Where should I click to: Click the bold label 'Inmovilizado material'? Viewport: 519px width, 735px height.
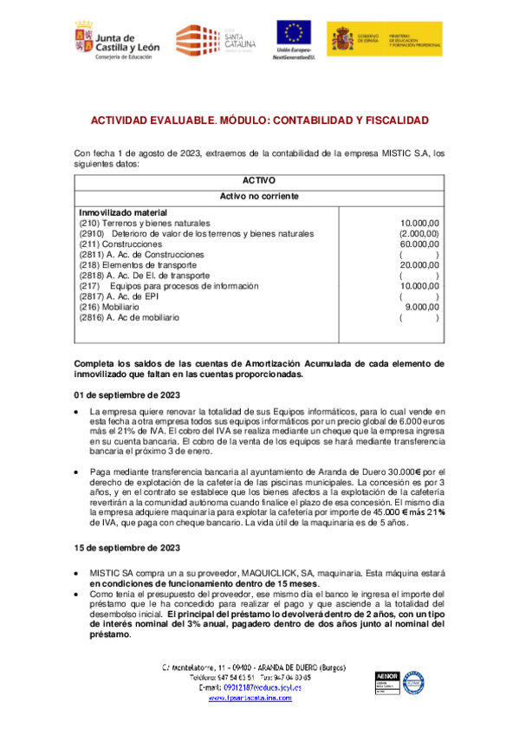click(112, 212)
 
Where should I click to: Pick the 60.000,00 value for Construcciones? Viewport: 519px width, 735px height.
click(418, 244)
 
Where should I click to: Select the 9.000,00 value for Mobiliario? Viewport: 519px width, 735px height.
click(422, 307)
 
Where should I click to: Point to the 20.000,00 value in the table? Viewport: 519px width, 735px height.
click(418, 265)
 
